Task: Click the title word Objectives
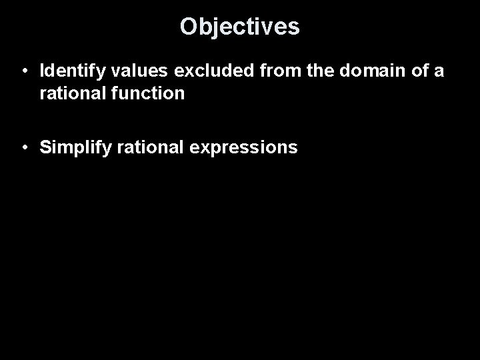240,27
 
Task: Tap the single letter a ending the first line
437,71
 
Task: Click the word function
143,94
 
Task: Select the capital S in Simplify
45,147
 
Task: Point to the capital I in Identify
42,71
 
